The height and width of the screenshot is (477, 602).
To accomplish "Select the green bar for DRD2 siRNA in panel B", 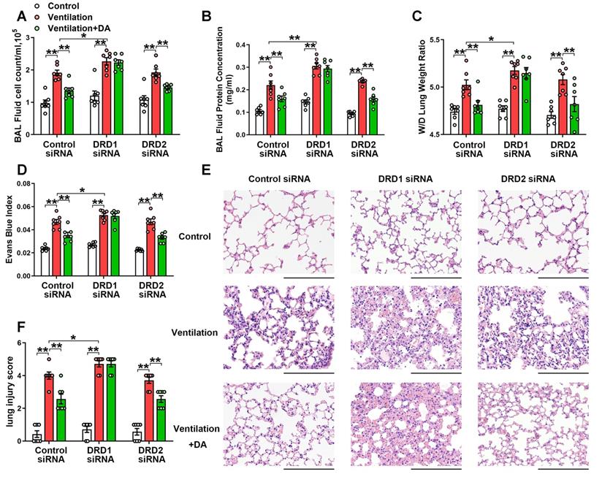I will point(374,115).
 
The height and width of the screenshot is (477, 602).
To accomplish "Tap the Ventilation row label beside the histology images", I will point(195,332).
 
